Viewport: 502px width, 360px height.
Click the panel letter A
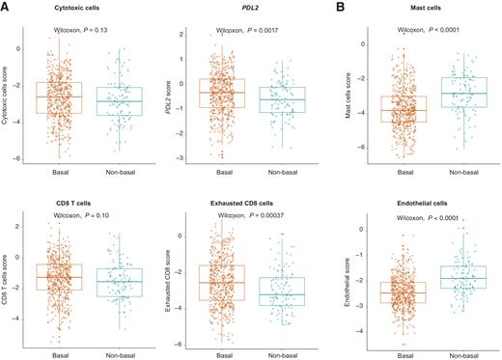tap(6, 7)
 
